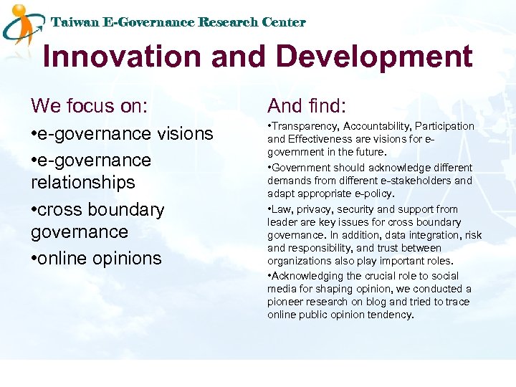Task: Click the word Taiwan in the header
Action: pos(75,22)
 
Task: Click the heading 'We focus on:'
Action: pos(90,106)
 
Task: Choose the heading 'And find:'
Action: pos(307,106)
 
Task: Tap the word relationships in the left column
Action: pos(83,183)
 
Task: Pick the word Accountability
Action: pos(377,126)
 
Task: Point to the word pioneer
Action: pos(287,302)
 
